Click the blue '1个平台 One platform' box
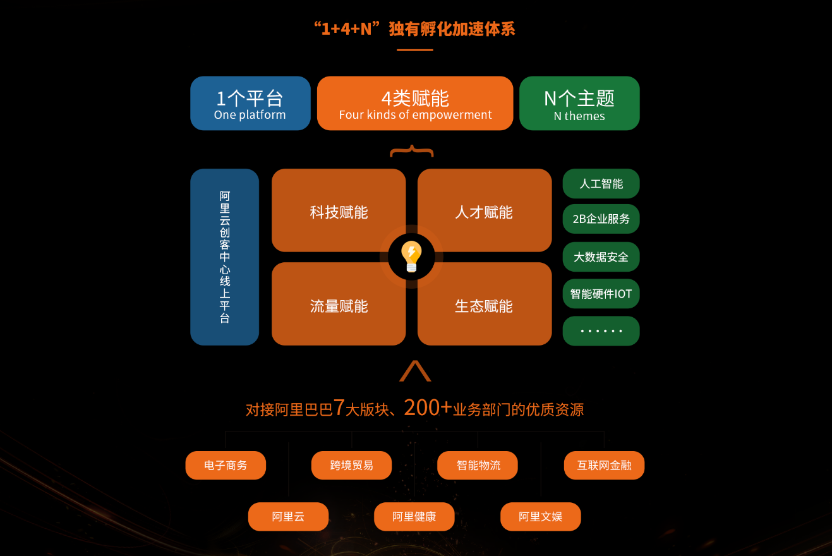pyautogui.click(x=250, y=104)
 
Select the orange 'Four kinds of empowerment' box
pyautogui.click(x=415, y=104)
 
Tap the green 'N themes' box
pyautogui.click(x=579, y=104)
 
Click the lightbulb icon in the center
pyautogui.click(x=411, y=257)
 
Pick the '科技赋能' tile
pyautogui.click(x=339, y=211)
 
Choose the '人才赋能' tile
pyautogui.click(x=485, y=211)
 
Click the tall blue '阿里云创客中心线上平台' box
pyautogui.click(x=225, y=257)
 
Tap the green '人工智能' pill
pyautogui.click(x=601, y=184)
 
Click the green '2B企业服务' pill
pyautogui.click(x=601, y=219)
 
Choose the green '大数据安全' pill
pyautogui.click(x=601, y=257)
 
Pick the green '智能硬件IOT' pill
pyautogui.click(x=601, y=294)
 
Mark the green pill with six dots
pyautogui.click(x=601, y=331)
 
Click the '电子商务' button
pyautogui.click(x=226, y=466)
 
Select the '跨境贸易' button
pyautogui.click(x=351, y=466)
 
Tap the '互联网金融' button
pyautogui.click(x=604, y=466)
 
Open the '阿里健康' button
pyautogui.click(x=414, y=517)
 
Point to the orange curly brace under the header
pyautogui.click(x=412, y=152)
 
